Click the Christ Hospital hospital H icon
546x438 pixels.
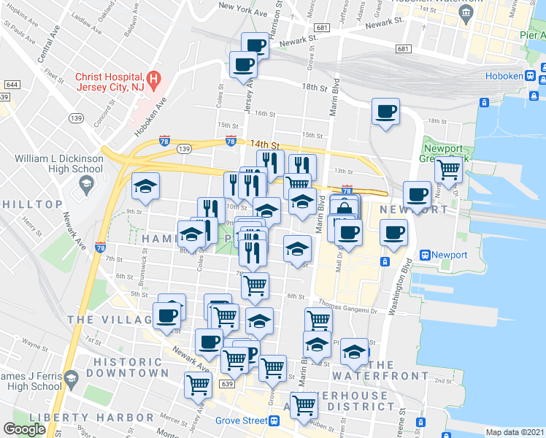(x=153, y=79)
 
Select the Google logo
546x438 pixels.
(x=25, y=429)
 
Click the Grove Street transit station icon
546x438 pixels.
(x=274, y=420)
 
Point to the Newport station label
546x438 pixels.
(x=449, y=255)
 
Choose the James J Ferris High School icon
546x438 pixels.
(x=71, y=380)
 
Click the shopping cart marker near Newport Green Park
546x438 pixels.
(x=448, y=170)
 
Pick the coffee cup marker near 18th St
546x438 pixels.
(x=385, y=112)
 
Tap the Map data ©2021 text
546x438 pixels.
(x=515, y=432)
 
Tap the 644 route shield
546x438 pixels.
(x=11, y=84)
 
